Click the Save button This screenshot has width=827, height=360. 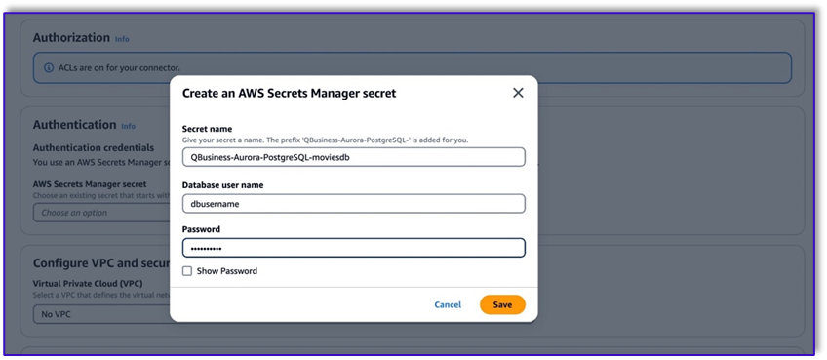click(x=502, y=304)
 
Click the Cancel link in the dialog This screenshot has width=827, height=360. click(x=448, y=304)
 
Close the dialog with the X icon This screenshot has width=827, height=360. click(x=518, y=93)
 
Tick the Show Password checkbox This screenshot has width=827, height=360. click(x=187, y=271)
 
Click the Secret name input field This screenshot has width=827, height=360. click(x=353, y=157)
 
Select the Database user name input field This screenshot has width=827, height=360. click(x=353, y=203)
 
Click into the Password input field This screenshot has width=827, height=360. click(x=353, y=248)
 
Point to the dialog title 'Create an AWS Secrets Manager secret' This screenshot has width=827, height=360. click(x=289, y=93)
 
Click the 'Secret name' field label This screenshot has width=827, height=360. click(x=207, y=129)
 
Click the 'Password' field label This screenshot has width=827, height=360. click(x=201, y=229)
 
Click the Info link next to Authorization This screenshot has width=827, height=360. click(x=122, y=39)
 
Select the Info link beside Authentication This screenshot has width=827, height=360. click(x=128, y=126)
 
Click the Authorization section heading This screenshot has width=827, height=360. click(x=71, y=38)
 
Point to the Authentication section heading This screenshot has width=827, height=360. click(x=74, y=125)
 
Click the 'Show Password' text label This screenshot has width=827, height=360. click(x=226, y=271)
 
